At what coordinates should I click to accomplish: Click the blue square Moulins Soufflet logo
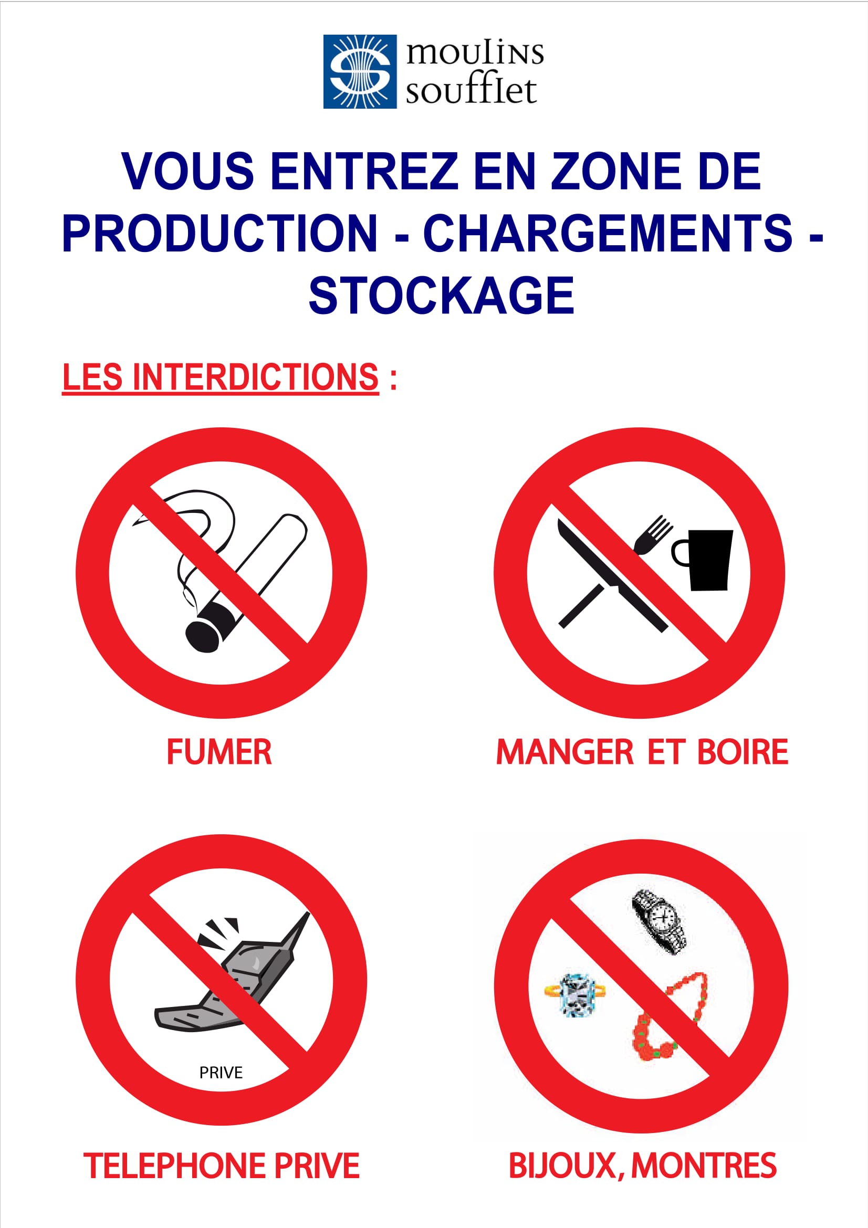point(360,72)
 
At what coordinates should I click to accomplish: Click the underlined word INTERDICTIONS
point(256,376)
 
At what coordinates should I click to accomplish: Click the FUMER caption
point(219,752)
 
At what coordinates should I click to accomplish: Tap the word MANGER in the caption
point(565,752)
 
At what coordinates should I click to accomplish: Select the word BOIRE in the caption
point(743,752)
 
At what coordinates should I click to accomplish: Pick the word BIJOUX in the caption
point(562,1166)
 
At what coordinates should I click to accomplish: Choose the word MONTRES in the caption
point(704,1166)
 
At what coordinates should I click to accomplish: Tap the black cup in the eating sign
point(703,560)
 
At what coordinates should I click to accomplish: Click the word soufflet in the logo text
point(470,91)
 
